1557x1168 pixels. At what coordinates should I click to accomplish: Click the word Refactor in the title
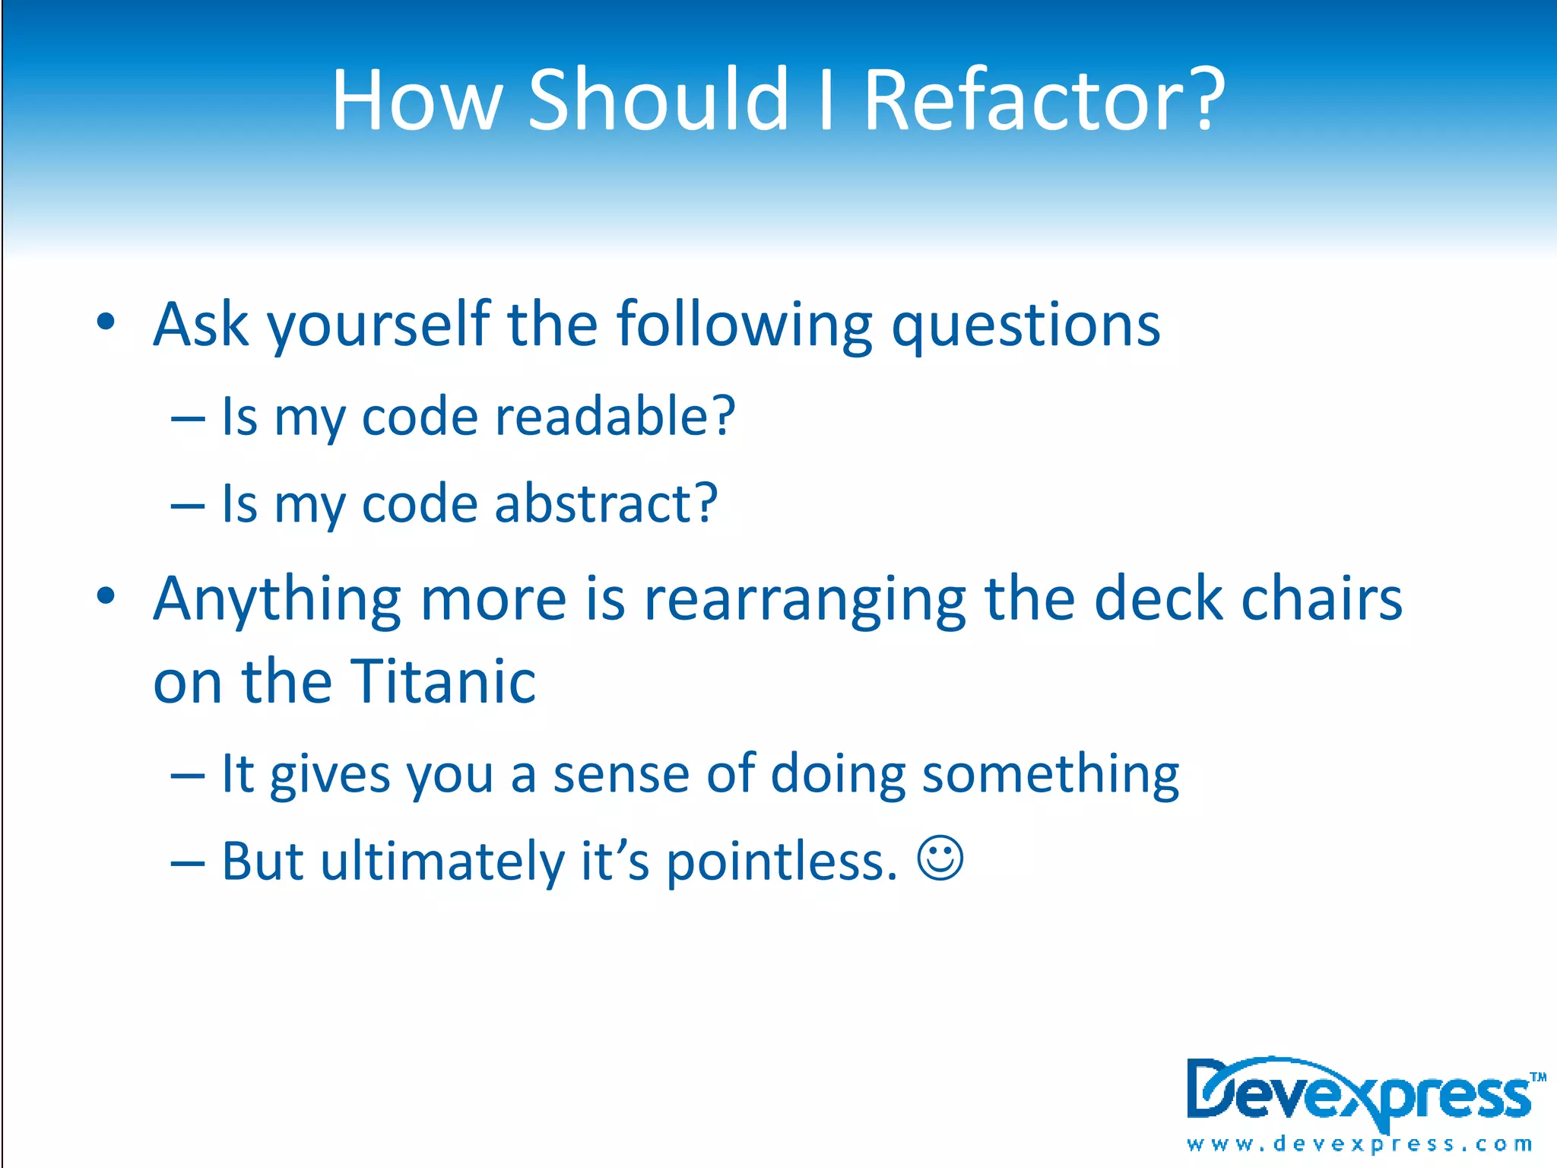(x=1043, y=100)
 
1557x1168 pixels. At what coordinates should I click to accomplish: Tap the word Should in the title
(x=658, y=100)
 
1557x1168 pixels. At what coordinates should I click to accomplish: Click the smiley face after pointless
(x=940, y=859)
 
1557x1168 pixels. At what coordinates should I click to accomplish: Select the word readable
(x=614, y=417)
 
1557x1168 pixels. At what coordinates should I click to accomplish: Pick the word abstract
(x=605, y=503)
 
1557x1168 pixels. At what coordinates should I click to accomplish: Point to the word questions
(x=1026, y=325)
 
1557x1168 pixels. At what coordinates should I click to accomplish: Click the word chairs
(x=1321, y=599)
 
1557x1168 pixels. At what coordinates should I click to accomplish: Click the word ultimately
(x=443, y=862)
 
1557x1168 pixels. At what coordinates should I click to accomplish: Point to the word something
(x=1050, y=774)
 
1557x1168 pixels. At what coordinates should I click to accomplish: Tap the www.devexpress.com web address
(x=1359, y=1144)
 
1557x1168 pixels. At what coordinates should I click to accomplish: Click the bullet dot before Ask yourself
(x=106, y=322)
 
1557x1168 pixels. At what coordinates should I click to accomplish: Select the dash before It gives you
(x=188, y=776)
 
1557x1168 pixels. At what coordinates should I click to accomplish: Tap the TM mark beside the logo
(x=1538, y=1077)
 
